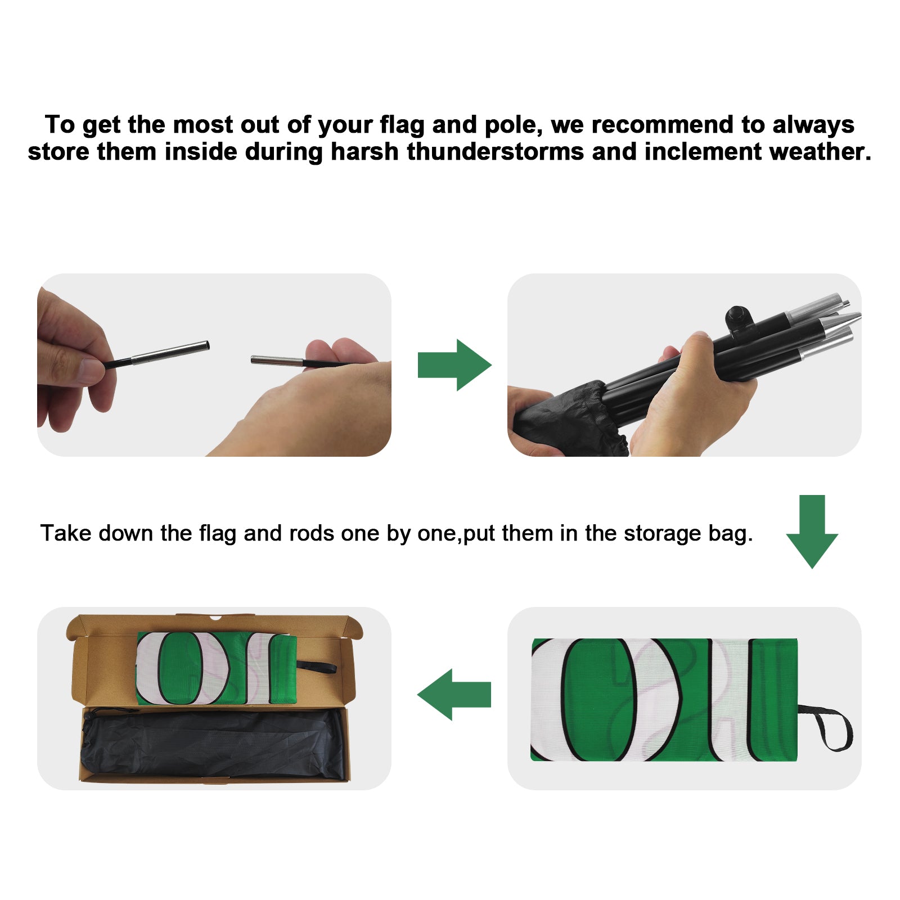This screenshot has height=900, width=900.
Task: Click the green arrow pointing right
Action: tap(454, 365)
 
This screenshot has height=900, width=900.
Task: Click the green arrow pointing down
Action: tap(812, 532)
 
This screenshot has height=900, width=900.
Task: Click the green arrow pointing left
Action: tap(454, 694)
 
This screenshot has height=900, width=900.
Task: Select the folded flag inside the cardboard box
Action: tap(217, 668)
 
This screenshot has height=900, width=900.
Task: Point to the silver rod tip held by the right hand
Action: tap(277, 361)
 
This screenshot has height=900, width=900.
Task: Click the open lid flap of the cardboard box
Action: tap(214, 626)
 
